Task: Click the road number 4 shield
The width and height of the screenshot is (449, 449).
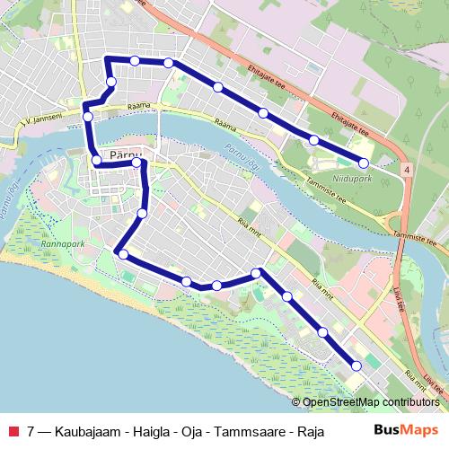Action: (x=407, y=169)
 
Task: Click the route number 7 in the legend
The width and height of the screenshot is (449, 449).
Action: (x=31, y=430)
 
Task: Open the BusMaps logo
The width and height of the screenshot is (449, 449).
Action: (x=411, y=430)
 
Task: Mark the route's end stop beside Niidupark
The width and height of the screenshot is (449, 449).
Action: (x=364, y=163)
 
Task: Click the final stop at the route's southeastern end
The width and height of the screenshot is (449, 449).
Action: (x=357, y=365)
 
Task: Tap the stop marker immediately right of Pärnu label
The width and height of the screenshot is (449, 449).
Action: (x=136, y=163)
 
